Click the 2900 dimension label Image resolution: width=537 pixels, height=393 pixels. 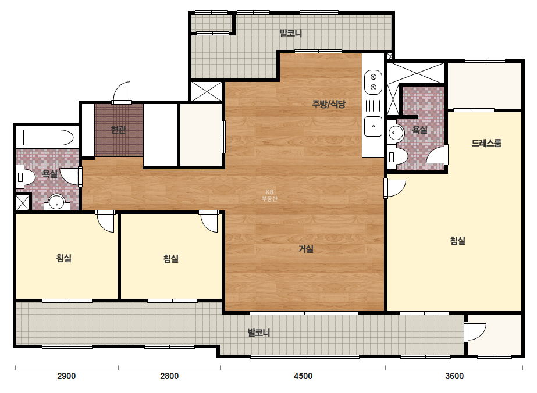coord(66,376)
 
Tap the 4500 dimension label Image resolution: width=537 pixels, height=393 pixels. coord(303,376)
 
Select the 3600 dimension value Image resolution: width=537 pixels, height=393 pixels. coord(454,376)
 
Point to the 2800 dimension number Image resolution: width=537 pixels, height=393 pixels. coord(169,376)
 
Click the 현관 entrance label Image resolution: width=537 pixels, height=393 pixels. coord(119,130)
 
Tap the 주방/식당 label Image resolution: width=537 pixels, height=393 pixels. coord(329,103)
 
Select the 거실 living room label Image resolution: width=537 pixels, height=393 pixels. coord(306,249)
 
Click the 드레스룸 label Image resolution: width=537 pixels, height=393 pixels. coord(486,143)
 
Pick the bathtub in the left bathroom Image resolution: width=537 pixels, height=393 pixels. coord(48,138)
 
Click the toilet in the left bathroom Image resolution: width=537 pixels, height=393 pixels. coord(26,177)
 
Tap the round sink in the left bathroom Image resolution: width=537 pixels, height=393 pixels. coord(57,202)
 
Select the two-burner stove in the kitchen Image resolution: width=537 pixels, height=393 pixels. coord(374,82)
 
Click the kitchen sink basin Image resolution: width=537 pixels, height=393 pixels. coord(374,126)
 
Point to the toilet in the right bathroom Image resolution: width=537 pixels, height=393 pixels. coord(397,157)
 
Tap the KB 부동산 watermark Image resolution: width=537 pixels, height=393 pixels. coord(269,195)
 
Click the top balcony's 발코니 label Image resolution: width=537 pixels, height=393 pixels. coord(291,33)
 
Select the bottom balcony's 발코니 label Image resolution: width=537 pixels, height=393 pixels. coord(259,333)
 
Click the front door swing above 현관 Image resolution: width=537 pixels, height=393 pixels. coord(122,92)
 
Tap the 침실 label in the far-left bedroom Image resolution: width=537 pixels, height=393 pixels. coord(64,258)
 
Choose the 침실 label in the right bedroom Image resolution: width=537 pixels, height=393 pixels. coord(457,241)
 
